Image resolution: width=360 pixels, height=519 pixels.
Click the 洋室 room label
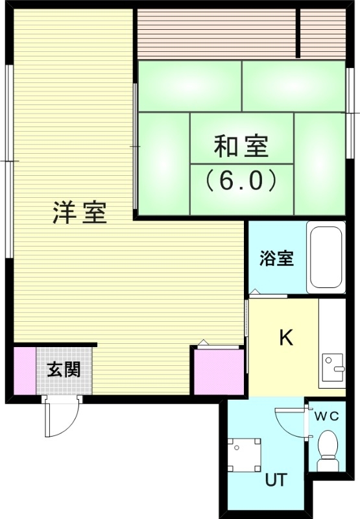coord(80,212)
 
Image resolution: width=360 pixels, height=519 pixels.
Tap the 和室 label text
coord(241,147)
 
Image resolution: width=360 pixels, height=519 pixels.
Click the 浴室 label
coord(276,258)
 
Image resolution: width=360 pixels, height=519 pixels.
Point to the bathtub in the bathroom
coord(327,258)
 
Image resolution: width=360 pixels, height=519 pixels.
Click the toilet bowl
coord(328,450)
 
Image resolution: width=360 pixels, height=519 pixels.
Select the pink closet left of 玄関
coord(25,370)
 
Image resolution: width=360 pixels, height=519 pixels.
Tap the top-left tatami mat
coord(189,86)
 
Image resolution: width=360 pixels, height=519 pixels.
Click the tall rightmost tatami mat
coord(319,163)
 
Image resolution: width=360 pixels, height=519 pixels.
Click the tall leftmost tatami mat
coord(163,163)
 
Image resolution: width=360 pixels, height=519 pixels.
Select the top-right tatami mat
coord(293,86)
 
